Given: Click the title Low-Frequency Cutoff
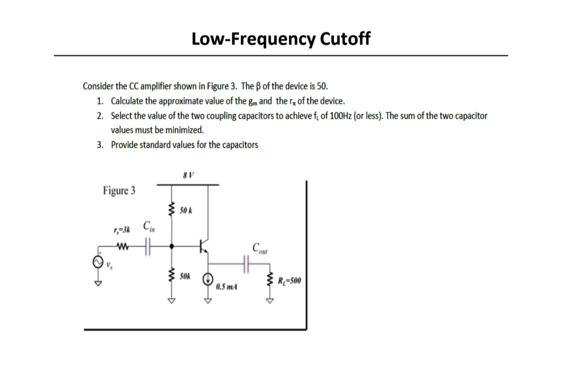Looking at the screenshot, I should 281,39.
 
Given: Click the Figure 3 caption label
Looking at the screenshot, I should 119,191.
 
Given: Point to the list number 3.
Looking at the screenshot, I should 99,145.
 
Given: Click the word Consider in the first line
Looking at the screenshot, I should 97,86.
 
